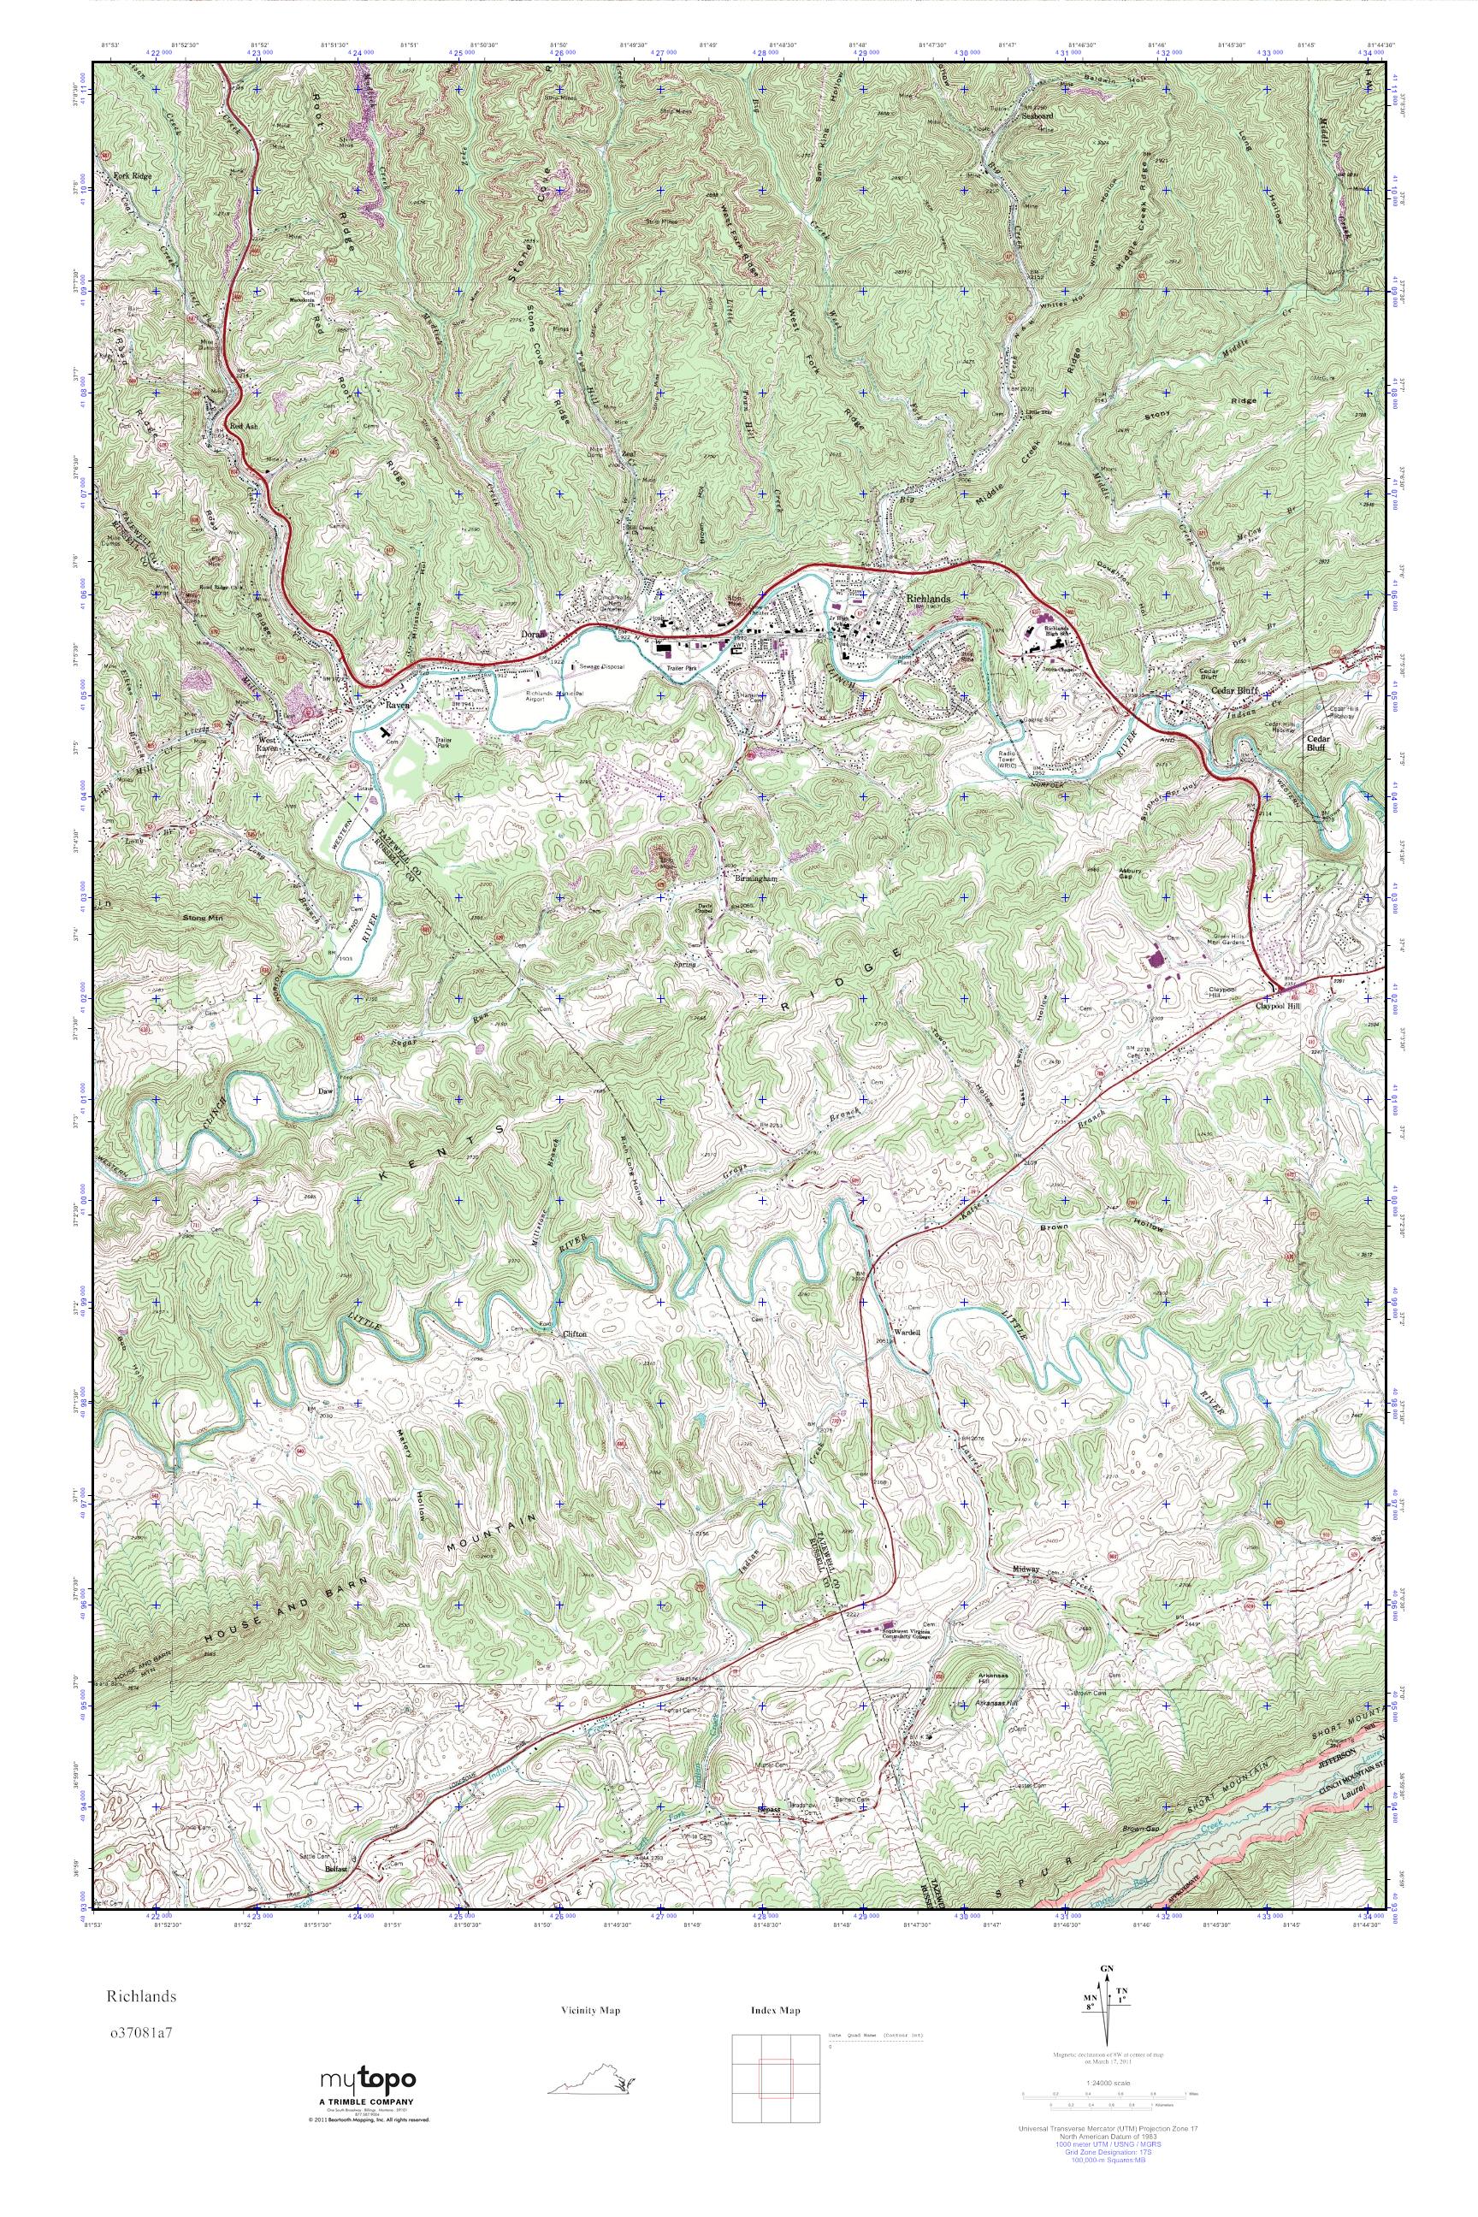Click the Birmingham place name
[x=756, y=878]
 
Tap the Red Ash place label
[x=243, y=425]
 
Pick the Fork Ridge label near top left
[x=132, y=176]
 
